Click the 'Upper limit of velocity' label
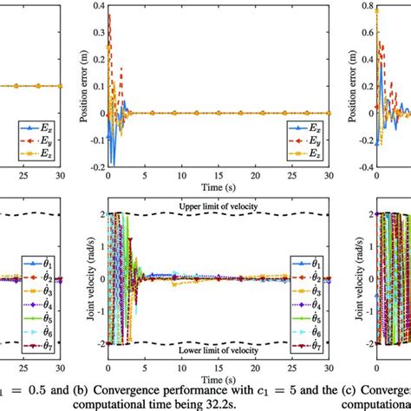tap(223, 206)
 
